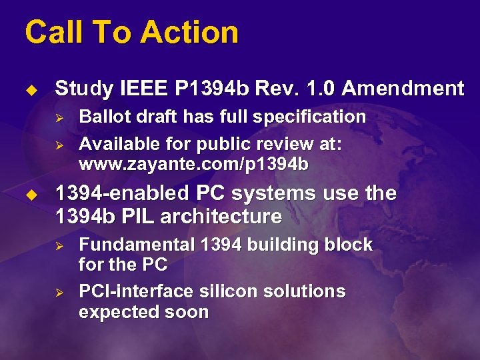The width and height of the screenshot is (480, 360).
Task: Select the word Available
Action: click(x=119, y=144)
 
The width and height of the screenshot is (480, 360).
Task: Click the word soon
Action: click(x=190, y=312)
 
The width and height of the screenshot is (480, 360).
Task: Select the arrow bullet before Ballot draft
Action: click(x=58, y=118)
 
